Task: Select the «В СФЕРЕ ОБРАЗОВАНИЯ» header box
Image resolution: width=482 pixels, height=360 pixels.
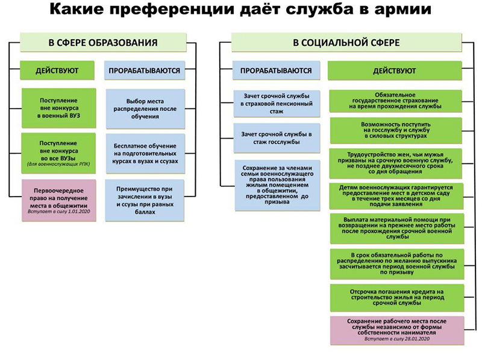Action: tap(103, 42)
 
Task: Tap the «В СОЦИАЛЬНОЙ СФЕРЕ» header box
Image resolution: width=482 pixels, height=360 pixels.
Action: tap(346, 42)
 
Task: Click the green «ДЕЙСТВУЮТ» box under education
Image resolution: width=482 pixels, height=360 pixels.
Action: tap(58, 71)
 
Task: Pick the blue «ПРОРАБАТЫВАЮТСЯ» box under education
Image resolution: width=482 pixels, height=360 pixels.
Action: tap(144, 71)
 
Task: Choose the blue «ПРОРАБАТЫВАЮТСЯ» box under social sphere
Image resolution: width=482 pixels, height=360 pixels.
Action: tap(276, 71)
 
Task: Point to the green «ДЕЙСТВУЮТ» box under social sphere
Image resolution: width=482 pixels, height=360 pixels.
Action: tap(394, 71)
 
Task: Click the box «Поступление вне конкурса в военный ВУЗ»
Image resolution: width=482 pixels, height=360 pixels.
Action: tap(58, 107)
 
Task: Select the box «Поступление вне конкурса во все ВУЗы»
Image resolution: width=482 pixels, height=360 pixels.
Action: tap(58, 152)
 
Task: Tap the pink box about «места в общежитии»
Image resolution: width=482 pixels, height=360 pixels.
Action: tap(58, 199)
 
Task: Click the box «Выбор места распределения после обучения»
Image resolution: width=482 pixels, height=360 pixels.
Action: tap(143, 107)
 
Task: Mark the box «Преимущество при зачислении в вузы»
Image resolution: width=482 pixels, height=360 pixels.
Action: tap(143, 196)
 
